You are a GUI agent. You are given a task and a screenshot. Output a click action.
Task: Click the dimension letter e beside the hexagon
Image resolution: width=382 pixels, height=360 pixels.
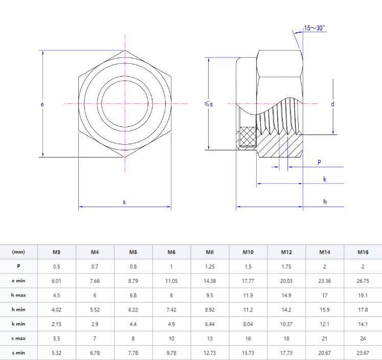tap(42, 104)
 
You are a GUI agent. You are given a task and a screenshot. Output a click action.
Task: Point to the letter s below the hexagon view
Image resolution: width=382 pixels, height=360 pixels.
tap(124, 202)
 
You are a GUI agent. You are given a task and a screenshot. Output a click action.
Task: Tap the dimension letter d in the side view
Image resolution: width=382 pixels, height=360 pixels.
tap(332, 104)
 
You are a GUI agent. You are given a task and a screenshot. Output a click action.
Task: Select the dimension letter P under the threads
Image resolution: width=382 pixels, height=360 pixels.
tap(319, 162)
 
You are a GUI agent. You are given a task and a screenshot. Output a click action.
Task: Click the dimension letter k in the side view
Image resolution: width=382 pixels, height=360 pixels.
tap(325, 178)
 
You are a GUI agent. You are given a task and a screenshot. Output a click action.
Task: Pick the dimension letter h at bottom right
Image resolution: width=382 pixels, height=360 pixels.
tap(325, 202)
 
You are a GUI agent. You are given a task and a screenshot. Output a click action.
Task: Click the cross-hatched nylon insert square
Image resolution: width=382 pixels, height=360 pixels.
tap(248, 137)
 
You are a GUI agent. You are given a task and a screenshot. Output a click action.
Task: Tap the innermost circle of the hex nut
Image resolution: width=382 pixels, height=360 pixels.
tap(125, 104)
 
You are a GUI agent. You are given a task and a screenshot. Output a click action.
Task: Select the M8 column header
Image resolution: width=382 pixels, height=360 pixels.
tap(210, 252)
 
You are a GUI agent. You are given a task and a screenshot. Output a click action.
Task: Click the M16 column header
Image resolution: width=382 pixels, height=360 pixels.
tap(363, 252)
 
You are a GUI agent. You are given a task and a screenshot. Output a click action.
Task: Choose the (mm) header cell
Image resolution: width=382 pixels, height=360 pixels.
tap(18, 252)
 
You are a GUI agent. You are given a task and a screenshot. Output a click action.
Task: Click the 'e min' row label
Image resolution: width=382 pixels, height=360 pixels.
tap(18, 280)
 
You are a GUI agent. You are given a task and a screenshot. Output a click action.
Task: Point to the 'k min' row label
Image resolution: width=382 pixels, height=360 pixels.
tap(18, 324)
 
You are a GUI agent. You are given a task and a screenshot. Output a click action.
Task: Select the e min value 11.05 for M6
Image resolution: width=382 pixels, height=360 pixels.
tap(171, 280)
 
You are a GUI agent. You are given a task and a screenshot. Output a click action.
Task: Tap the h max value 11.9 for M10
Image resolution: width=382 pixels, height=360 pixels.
tap(248, 295)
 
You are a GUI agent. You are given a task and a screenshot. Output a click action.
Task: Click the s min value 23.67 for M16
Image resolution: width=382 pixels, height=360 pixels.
tap(363, 352)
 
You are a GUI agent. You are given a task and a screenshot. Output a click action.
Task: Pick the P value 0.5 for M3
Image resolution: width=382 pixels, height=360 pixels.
tap(56, 266)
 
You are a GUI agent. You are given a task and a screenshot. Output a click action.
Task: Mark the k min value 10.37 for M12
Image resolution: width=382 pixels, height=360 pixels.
tap(286, 324)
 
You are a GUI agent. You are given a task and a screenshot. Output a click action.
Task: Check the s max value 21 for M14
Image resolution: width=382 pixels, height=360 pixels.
tap(324, 338)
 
